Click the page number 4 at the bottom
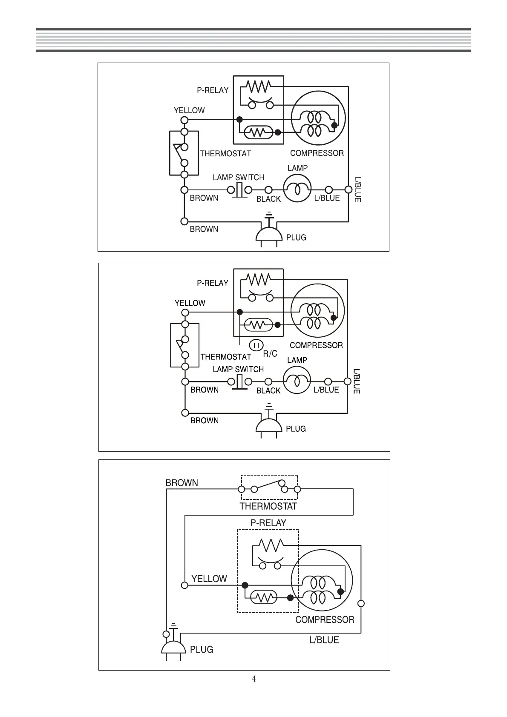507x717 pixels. pyautogui.click(x=253, y=679)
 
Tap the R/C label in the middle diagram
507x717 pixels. pyautogui.click(x=270, y=353)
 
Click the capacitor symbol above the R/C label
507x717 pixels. pyautogui.click(x=256, y=344)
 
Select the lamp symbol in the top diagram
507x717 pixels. pyautogui.click(x=297, y=189)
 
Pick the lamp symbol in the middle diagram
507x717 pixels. pyautogui.click(x=297, y=380)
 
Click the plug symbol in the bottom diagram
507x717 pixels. pyautogui.click(x=173, y=646)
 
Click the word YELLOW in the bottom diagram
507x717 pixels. pyautogui.click(x=209, y=579)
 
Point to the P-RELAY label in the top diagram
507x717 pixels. pyautogui.click(x=213, y=90)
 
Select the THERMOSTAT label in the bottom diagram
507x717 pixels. pyautogui.click(x=268, y=506)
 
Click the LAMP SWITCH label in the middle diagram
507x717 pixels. pyautogui.click(x=238, y=369)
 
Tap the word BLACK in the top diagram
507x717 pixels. pyautogui.click(x=268, y=199)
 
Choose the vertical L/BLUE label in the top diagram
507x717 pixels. pyautogui.click(x=357, y=189)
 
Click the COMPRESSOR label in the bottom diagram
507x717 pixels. pyautogui.click(x=325, y=619)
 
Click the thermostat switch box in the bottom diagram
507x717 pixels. pyautogui.click(x=269, y=487)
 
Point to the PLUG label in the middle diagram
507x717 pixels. pyautogui.click(x=296, y=429)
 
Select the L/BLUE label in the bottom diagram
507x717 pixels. pyautogui.click(x=324, y=640)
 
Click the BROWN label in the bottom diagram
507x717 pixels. pyautogui.click(x=182, y=483)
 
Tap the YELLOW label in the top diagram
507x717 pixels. pyautogui.click(x=189, y=110)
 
